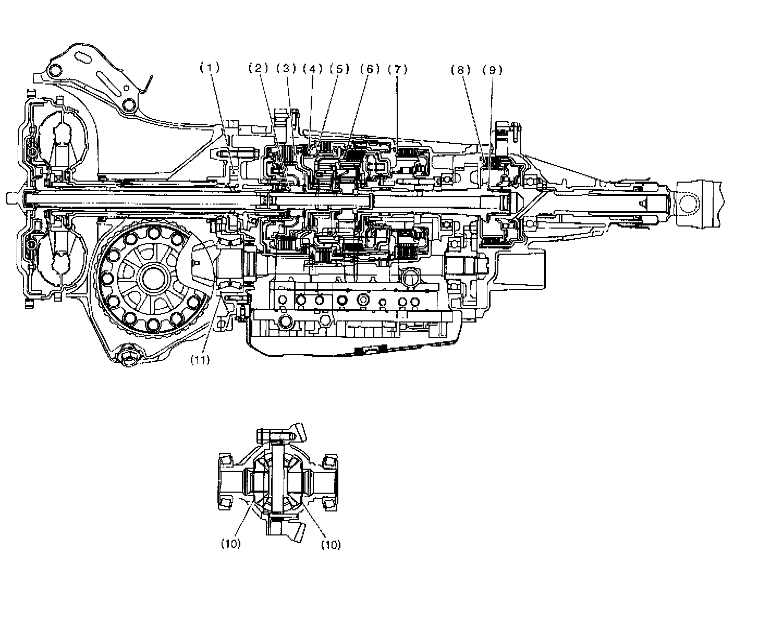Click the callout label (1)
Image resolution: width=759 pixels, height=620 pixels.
tap(210, 68)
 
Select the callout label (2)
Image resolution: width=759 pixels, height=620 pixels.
tap(258, 68)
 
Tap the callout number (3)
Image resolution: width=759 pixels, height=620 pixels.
tap(286, 68)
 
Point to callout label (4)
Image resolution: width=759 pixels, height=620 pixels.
tap(313, 68)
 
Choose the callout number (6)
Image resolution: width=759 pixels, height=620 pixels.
tap(370, 68)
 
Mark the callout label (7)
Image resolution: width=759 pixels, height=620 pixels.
tap(397, 68)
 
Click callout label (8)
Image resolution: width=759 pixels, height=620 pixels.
tap(461, 69)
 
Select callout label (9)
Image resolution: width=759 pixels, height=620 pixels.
tap(492, 69)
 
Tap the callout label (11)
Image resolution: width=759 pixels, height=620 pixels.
tap(200, 360)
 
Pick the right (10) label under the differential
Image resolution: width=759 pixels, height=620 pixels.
tap(330, 544)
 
